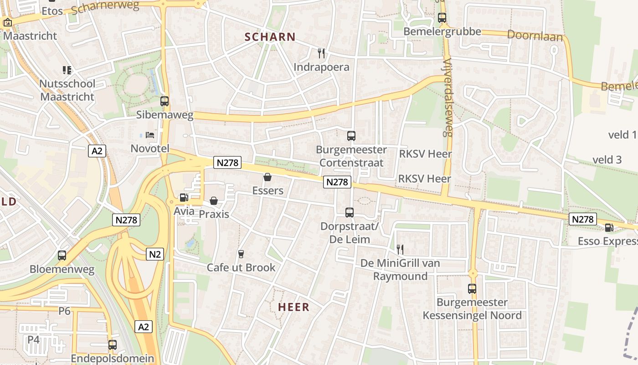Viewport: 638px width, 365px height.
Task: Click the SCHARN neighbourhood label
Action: click(270, 37)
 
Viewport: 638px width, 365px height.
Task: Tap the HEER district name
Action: click(293, 307)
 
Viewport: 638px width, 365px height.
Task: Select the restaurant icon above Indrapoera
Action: click(321, 53)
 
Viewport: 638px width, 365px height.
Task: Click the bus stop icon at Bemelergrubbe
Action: click(442, 18)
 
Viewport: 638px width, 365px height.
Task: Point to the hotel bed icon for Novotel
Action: click(150, 135)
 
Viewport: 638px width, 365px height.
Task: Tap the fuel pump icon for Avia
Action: click(184, 198)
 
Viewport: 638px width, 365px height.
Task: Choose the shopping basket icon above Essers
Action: click(268, 177)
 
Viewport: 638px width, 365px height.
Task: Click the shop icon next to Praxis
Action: click(213, 200)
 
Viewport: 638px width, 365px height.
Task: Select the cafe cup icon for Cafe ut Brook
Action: click(241, 254)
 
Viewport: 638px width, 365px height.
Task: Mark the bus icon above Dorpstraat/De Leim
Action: click(350, 212)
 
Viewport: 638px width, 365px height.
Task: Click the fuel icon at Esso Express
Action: click(609, 227)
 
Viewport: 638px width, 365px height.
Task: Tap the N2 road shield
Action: click(155, 254)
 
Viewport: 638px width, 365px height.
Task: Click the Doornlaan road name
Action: click(535, 36)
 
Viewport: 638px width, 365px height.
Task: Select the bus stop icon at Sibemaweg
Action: click(165, 101)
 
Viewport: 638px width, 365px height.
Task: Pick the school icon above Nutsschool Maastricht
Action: click(67, 70)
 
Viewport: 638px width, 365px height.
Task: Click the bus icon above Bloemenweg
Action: click(62, 255)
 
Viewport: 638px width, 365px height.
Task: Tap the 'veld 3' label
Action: click(607, 159)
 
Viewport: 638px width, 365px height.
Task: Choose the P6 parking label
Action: click(65, 311)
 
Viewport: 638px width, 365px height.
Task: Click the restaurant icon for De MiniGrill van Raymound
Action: click(400, 249)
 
